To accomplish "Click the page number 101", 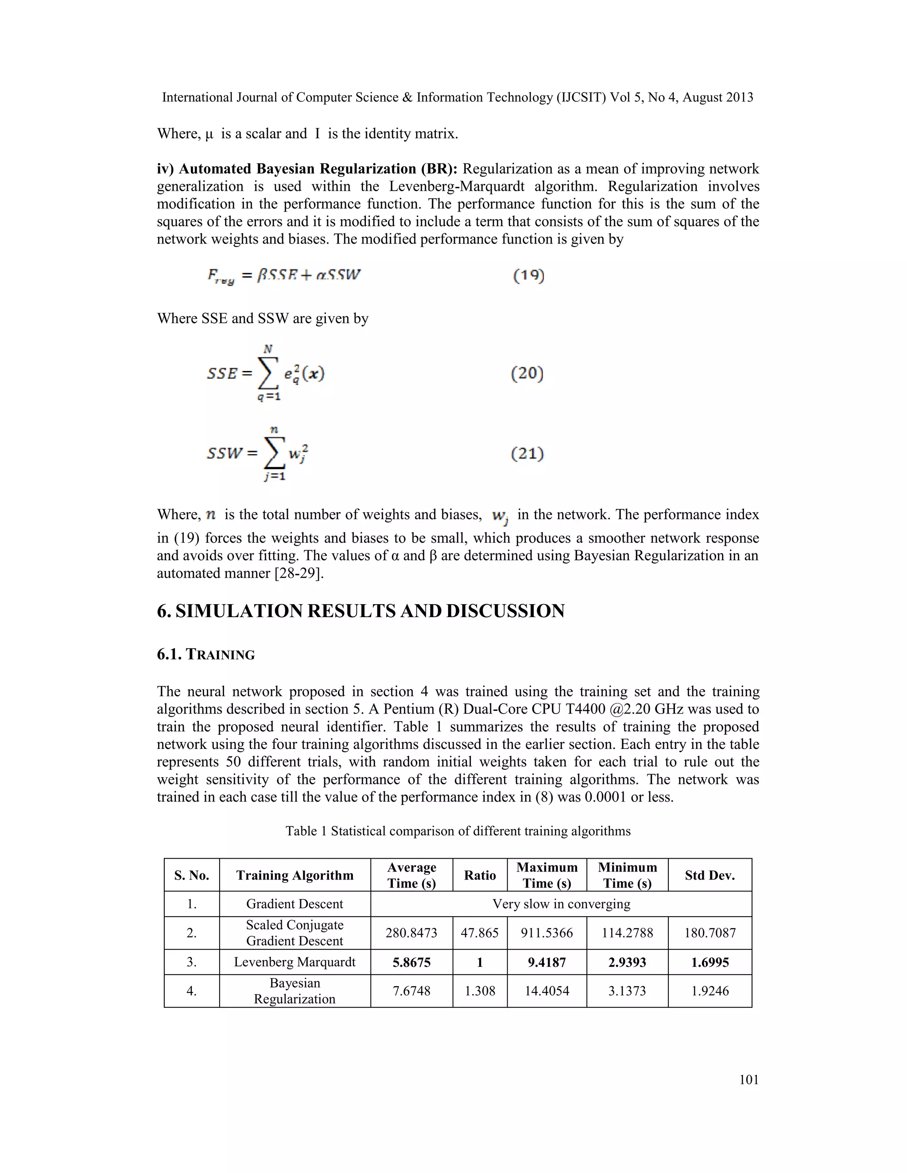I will click(748, 1080).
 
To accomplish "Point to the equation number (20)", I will click(527, 373).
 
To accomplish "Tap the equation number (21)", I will click(527, 453).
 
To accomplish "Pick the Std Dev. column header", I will click(709, 875).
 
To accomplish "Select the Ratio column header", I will click(479, 875).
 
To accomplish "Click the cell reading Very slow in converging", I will click(561, 903).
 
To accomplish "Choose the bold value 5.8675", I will click(411, 962).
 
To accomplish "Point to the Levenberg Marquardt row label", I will click(295, 961).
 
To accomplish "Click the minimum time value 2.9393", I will click(627, 962).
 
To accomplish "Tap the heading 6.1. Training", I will click(206, 654).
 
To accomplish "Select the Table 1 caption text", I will click(458, 831).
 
